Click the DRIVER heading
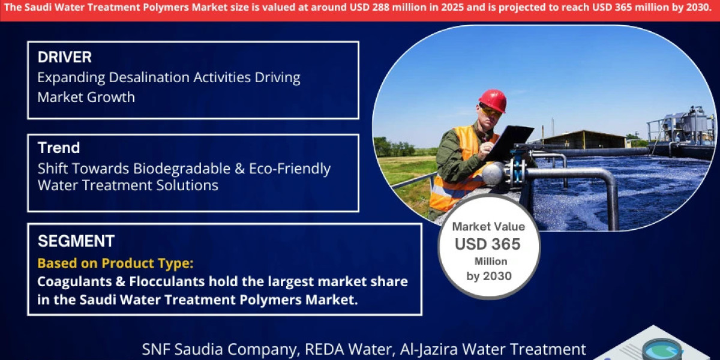point(65,58)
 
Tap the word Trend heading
point(59,148)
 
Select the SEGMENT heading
point(76,241)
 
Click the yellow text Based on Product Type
point(116,263)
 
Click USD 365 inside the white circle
point(488,244)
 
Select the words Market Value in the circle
point(488,227)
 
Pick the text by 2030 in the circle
point(489,276)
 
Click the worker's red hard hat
point(493,100)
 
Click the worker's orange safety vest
point(456,174)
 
